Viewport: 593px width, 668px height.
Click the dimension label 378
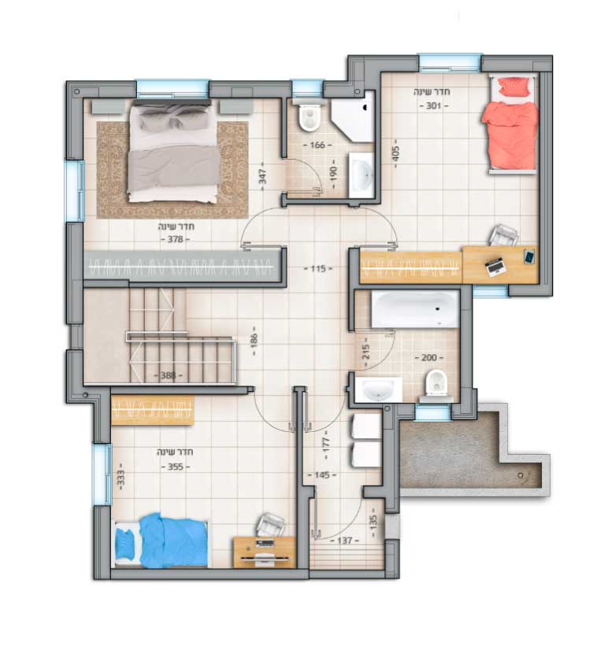(175, 239)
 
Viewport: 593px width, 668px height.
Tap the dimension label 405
(395, 153)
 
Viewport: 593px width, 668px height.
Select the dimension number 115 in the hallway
(318, 269)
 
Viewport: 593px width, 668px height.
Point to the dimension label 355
(176, 467)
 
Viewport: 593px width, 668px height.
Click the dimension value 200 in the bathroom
(429, 358)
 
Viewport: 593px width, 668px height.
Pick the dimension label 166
(317, 146)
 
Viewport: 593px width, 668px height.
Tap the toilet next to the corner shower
(308, 116)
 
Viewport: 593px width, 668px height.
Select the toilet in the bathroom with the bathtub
(435, 383)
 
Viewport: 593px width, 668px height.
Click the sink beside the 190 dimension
(361, 175)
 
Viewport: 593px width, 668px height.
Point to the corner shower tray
(354, 116)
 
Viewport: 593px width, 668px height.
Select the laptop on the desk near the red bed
(495, 266)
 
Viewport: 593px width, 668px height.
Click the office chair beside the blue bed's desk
(270, 525)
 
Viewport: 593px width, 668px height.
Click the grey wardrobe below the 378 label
(183, 267)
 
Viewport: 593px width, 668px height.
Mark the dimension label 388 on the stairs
(168, 375)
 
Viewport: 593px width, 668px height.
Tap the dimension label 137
(344, 541)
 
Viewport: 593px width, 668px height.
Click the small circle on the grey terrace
(520, 475)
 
